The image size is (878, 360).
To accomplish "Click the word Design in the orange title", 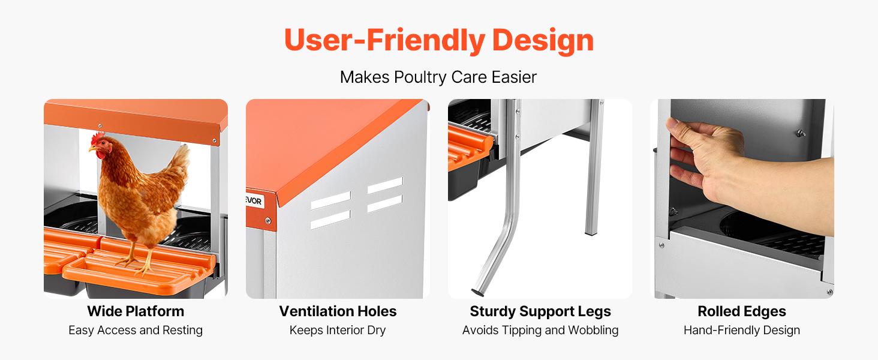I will click(x=543, y=40).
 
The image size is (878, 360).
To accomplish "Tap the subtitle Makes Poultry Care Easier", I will click(x=438, y=77).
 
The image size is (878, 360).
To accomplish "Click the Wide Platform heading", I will click(x=136, y=311).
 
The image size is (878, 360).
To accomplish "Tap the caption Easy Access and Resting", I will click(x=136, y=331).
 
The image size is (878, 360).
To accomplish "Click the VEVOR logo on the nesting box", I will click(x=254, y=202).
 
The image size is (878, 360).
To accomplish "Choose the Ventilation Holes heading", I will click(x=338, y=311).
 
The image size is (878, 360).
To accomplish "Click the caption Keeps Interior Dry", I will click(x=338, y=331).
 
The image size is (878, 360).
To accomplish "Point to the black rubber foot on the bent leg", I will click(x=479, y=292).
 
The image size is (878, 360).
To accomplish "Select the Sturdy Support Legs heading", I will click(x=540, y=311).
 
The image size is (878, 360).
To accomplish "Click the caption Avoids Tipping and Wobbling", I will click(x=540, y=331).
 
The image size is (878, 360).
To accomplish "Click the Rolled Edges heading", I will click(x=742, y=311).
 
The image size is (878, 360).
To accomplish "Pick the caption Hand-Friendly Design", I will click(x=742, y=331).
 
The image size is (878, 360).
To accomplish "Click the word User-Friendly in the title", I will click(x=384, y=40).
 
